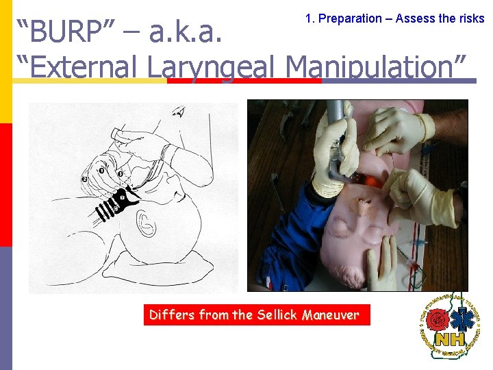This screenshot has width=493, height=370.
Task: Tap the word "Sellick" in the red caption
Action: point(278,315)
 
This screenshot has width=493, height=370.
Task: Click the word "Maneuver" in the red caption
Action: point(331,315)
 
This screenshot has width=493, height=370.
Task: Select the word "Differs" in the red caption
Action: point(172,315)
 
